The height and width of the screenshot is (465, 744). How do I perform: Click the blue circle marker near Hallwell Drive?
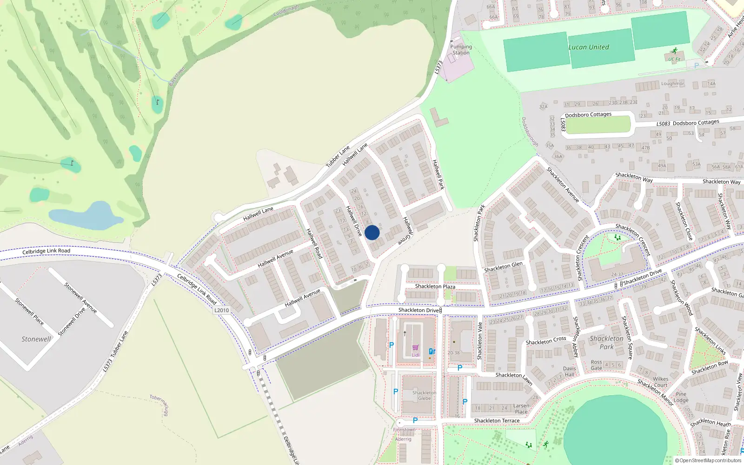[x=372, y=232]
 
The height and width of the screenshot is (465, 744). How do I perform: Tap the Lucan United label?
[x=588, y=47]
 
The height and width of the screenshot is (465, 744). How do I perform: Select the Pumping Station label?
[x=461, y=50]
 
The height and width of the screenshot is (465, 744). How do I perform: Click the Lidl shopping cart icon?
[x=415, y=348]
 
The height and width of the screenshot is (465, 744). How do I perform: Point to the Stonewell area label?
[x=36, y=339]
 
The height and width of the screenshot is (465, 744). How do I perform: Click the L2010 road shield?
[x=222, y=310]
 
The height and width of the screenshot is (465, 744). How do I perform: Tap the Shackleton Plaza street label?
[x=435, y=286]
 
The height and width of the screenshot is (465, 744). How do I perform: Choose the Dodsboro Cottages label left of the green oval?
[x=588, y=114]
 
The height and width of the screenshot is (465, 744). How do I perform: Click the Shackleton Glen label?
[x=503, y=266]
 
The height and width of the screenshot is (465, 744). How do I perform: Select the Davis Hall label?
[x=570, y=372]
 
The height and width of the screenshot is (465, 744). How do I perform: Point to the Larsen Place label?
[x=521, y=409]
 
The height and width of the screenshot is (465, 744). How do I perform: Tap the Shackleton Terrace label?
[x=497, y=421]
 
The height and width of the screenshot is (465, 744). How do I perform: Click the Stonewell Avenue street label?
[x=80, y=298]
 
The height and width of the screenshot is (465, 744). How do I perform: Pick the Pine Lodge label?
[x=681, y=397]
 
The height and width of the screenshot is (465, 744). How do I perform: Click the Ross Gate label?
[x=596, y=365]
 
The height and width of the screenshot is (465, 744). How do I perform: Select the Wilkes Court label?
[x=660, y=382]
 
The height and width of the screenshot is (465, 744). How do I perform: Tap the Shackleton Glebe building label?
[x=424, y=395]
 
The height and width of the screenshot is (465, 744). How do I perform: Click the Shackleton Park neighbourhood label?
[x=606, y=342]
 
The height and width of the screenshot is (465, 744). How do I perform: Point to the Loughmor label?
[x=672, y=84]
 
